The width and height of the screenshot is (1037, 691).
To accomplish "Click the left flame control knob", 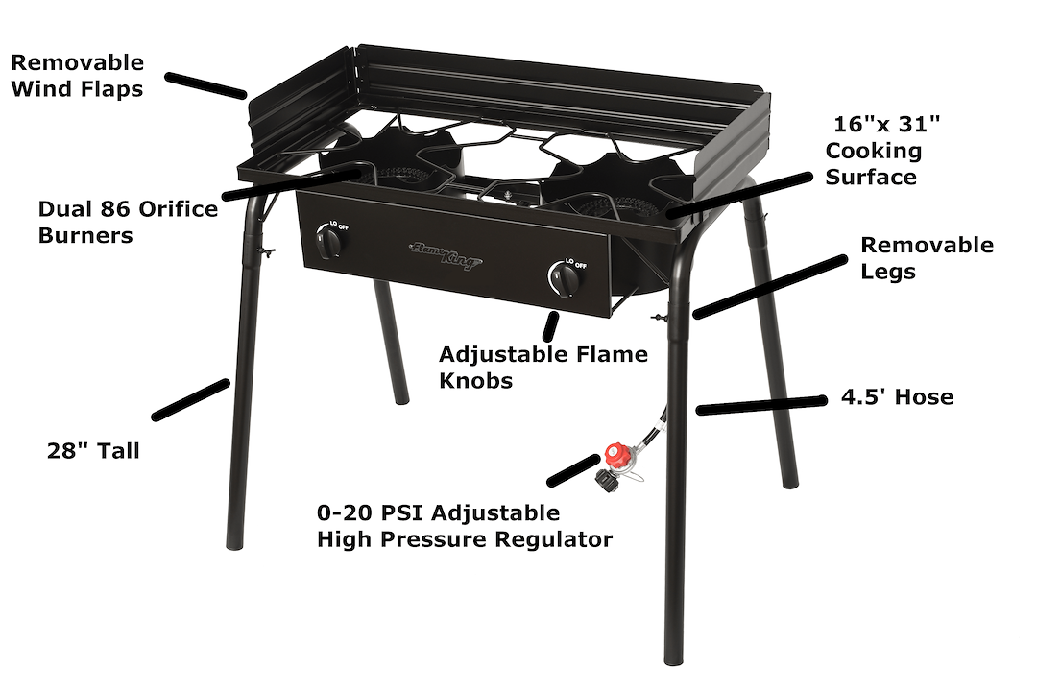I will [329, 244].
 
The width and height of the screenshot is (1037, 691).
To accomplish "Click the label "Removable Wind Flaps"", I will [78, 76].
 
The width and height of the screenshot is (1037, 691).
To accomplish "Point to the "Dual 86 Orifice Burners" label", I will [128, 222].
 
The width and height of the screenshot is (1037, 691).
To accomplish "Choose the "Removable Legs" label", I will [927, 258].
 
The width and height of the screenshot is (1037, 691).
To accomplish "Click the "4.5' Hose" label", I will [897, 396].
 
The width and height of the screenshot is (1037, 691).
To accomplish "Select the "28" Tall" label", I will [93, 450].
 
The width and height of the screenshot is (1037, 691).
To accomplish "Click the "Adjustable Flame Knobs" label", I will [543, 367].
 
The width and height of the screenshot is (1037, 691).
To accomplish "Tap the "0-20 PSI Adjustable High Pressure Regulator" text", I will [465, 526].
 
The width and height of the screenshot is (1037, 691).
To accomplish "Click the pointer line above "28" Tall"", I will [191, 399].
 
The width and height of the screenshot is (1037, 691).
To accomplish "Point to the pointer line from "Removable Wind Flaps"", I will [205, 84].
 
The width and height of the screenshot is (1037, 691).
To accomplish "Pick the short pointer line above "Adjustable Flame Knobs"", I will [551, 325].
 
